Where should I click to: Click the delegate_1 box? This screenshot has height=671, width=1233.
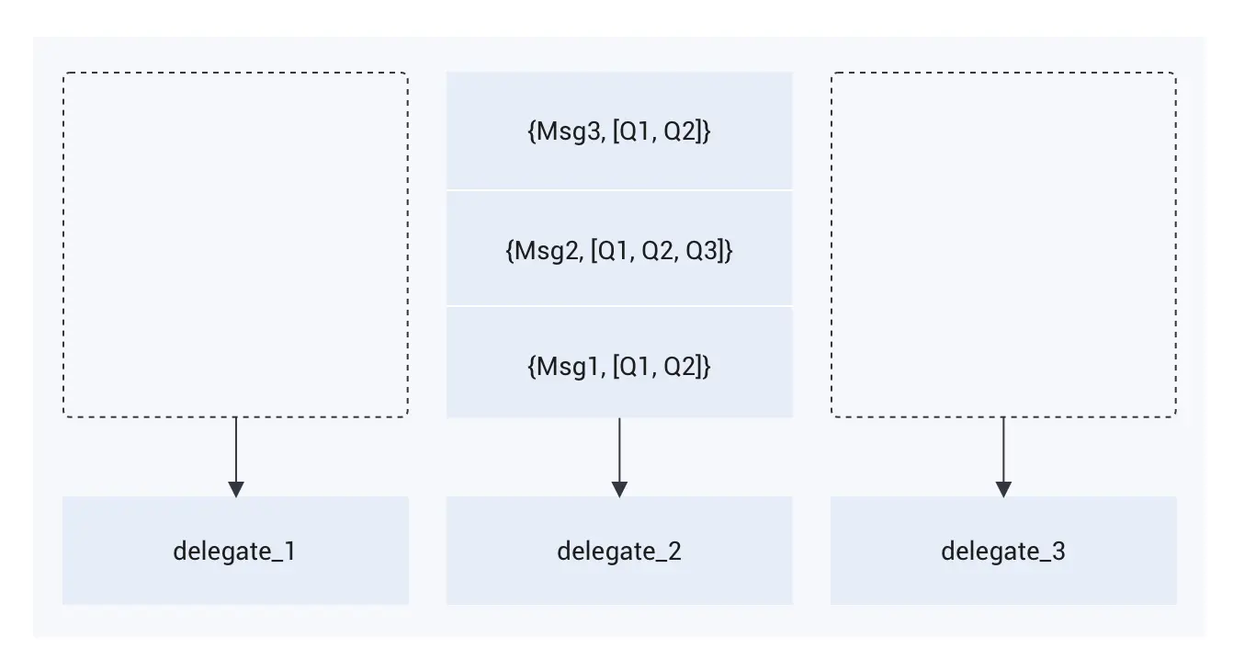pyautogui.click(x=235, y=551)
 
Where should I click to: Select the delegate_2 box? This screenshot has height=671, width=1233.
pyautogui.click(x=619, y=551)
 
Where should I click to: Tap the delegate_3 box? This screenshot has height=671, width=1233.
pyautogui.click(x=1003, y=551)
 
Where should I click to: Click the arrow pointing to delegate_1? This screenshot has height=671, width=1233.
pyautogui.click(x=236, y=455)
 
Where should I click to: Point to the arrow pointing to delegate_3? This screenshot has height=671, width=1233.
pyautogui.click(x=1003, y=455)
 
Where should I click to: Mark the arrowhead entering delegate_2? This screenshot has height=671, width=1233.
pyautogui.click(x=619, y=488)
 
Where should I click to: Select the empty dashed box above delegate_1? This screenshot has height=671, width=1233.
pyautogui.click(x=235, y=245)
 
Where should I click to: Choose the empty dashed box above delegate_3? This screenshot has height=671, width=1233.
pyautogui.click(x=1003, y=245)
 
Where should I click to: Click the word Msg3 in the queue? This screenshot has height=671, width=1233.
pyautogui.click(x=561, y=131)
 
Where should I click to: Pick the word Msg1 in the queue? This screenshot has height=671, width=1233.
pyautogui.click(x=560, y=367)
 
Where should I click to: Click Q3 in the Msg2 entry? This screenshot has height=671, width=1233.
pyautogui.click(x=707, y=250)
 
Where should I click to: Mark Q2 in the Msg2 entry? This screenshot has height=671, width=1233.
pyautogui.click(x=658, y=250)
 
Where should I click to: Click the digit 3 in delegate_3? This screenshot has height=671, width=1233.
pyautogui.click(x=1058, y=552)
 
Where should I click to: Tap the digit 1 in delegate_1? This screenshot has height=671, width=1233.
pyautogui.click(x=290, y=552)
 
